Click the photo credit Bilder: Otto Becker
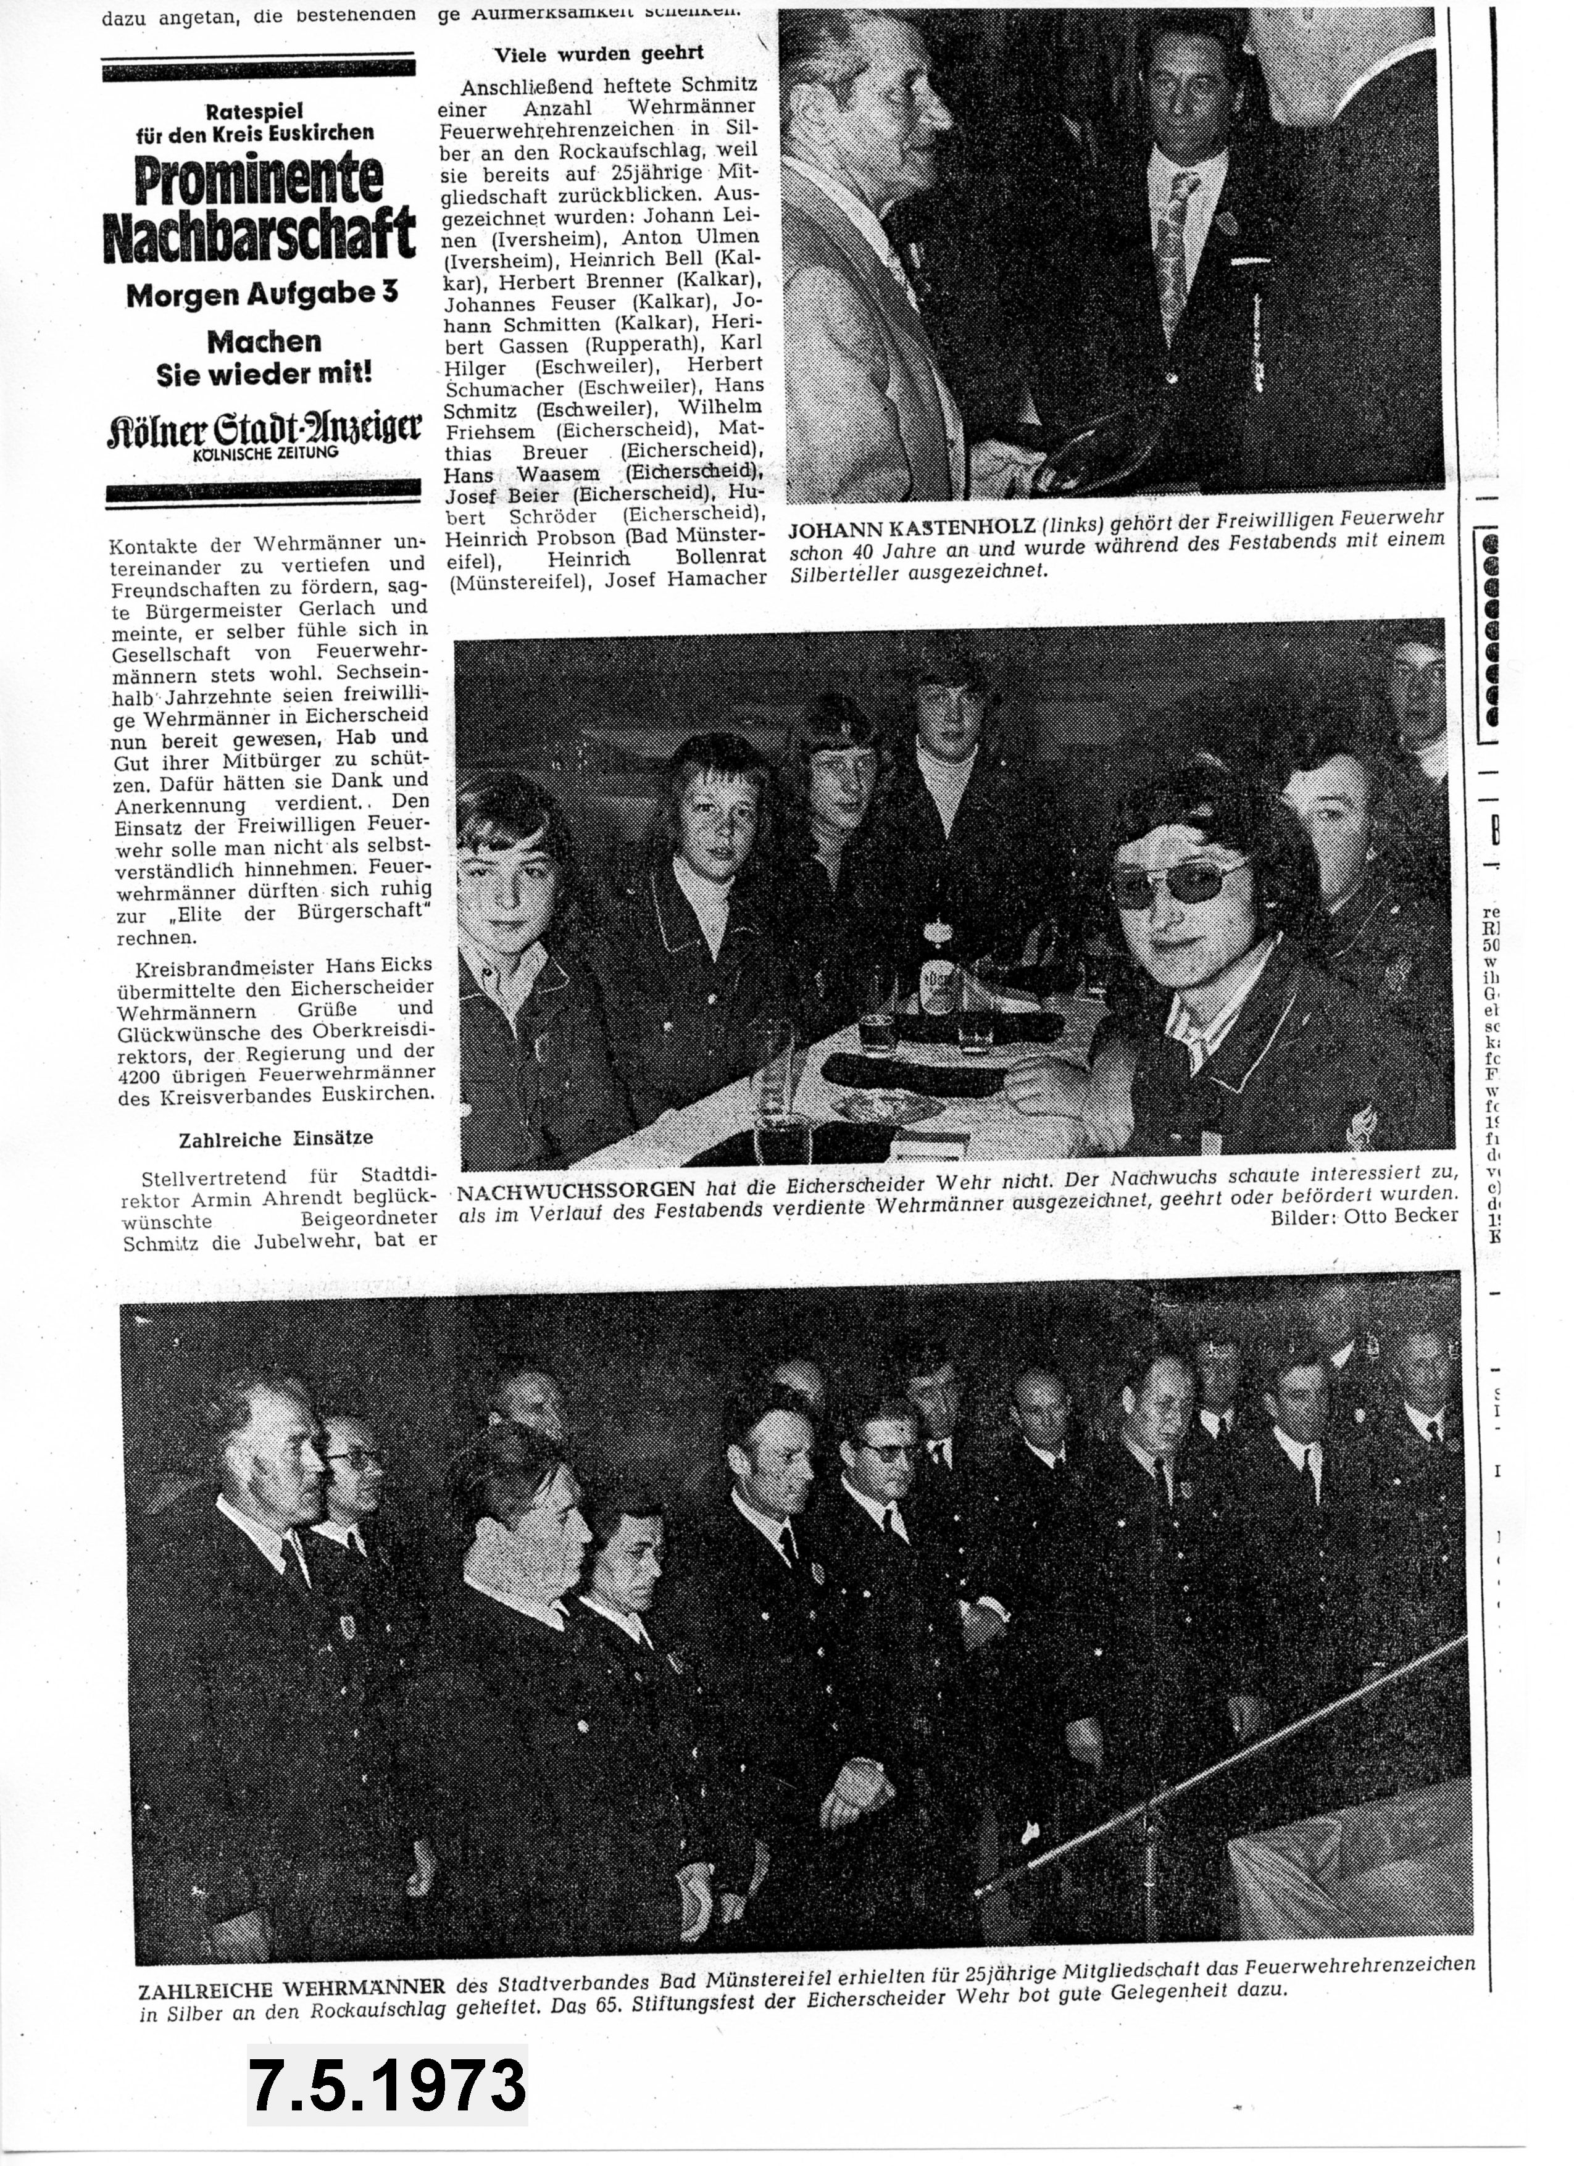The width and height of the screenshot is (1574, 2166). (1364, 1216)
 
